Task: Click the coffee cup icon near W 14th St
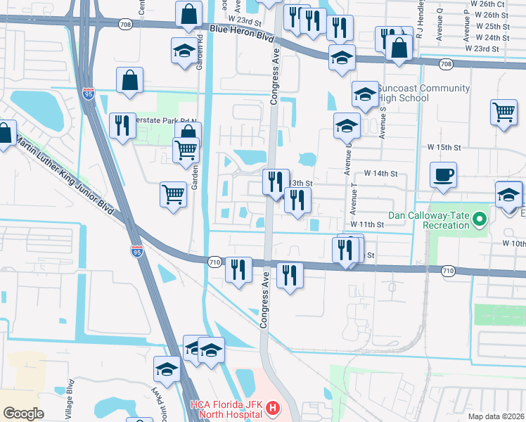443,174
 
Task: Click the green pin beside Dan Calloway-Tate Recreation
480,219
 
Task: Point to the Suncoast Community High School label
423,93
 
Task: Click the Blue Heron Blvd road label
241,31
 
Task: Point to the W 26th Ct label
496,4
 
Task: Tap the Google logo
24,414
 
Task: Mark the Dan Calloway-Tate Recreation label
429,219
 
